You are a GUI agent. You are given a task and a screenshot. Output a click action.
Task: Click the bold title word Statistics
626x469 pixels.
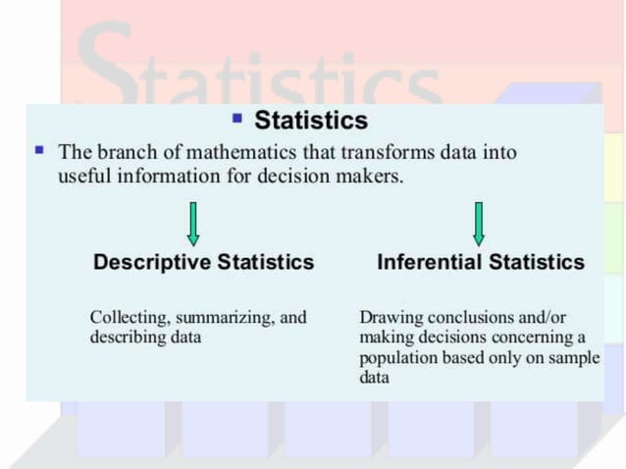click(311, 121)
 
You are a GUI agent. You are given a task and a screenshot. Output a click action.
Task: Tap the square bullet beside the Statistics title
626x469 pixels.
click(236, 119)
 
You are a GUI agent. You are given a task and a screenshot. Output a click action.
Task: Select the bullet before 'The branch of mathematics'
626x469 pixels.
click(39, 152)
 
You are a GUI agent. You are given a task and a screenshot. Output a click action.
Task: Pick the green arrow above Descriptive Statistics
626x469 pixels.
click(193, 224)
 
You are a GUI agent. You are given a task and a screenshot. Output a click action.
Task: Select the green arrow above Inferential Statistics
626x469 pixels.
click(478, 224)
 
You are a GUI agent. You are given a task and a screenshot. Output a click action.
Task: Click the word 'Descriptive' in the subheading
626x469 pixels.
click(152, 262)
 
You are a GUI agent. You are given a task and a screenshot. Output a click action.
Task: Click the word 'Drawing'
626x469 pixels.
click(389, 318)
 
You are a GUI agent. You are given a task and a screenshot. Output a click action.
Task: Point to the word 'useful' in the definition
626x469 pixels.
click(83, 178)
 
